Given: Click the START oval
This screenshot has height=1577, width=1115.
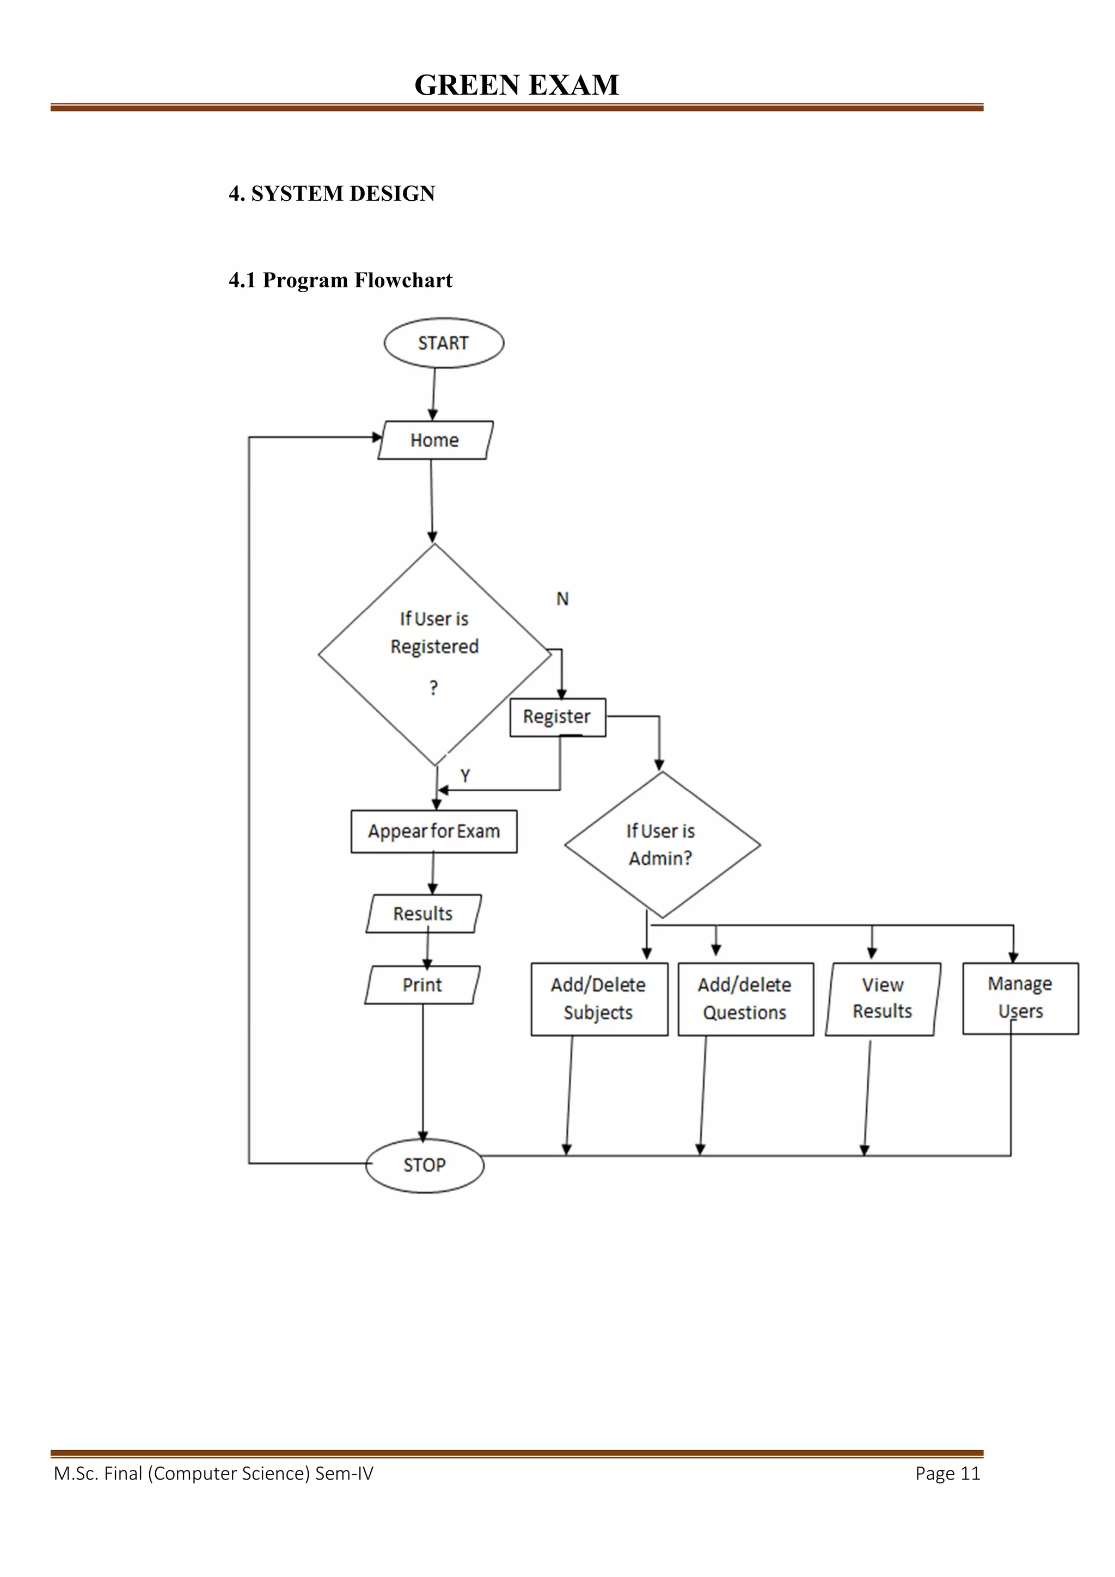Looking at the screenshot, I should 443,343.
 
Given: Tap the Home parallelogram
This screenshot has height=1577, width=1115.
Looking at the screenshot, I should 435,440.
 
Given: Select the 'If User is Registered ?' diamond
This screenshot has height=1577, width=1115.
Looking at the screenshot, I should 434,653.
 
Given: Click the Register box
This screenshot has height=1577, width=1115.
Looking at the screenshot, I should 557,717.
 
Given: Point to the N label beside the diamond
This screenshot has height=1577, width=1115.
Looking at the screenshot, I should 562,599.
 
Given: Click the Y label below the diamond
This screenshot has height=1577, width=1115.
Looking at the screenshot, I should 465,775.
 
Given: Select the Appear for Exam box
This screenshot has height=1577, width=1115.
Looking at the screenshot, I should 433,831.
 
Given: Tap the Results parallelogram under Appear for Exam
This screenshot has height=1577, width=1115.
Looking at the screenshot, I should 423,914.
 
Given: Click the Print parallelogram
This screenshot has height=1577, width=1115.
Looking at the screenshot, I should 422,985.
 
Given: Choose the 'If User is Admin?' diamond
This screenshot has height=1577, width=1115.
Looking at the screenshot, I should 661,845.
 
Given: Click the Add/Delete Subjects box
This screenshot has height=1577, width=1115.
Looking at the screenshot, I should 598,999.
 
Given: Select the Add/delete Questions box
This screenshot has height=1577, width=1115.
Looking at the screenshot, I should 745,999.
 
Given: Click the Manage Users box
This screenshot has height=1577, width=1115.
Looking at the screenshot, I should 1020,997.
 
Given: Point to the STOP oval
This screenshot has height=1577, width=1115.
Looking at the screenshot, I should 425,1165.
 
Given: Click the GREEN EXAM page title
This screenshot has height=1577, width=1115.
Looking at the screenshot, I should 517,85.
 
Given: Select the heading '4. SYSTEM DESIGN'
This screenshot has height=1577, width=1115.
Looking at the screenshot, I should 332,194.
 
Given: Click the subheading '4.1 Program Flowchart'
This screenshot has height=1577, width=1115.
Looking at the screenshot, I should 341,280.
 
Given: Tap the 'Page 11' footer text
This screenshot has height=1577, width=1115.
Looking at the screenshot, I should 947,1473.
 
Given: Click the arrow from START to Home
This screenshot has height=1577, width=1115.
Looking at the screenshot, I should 433,393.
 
